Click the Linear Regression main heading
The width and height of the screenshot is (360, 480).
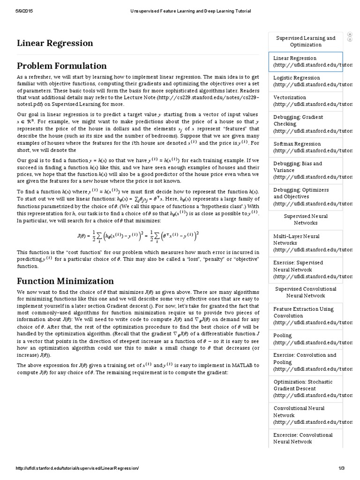[55, 44]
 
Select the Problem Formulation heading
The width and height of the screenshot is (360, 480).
[62, 66]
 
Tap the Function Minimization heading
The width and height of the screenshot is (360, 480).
[65, 281]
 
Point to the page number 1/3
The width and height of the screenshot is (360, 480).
[341, 468]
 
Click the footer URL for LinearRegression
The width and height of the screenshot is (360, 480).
[77, 468]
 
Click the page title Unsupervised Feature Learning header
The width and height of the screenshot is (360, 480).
[190, 11]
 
